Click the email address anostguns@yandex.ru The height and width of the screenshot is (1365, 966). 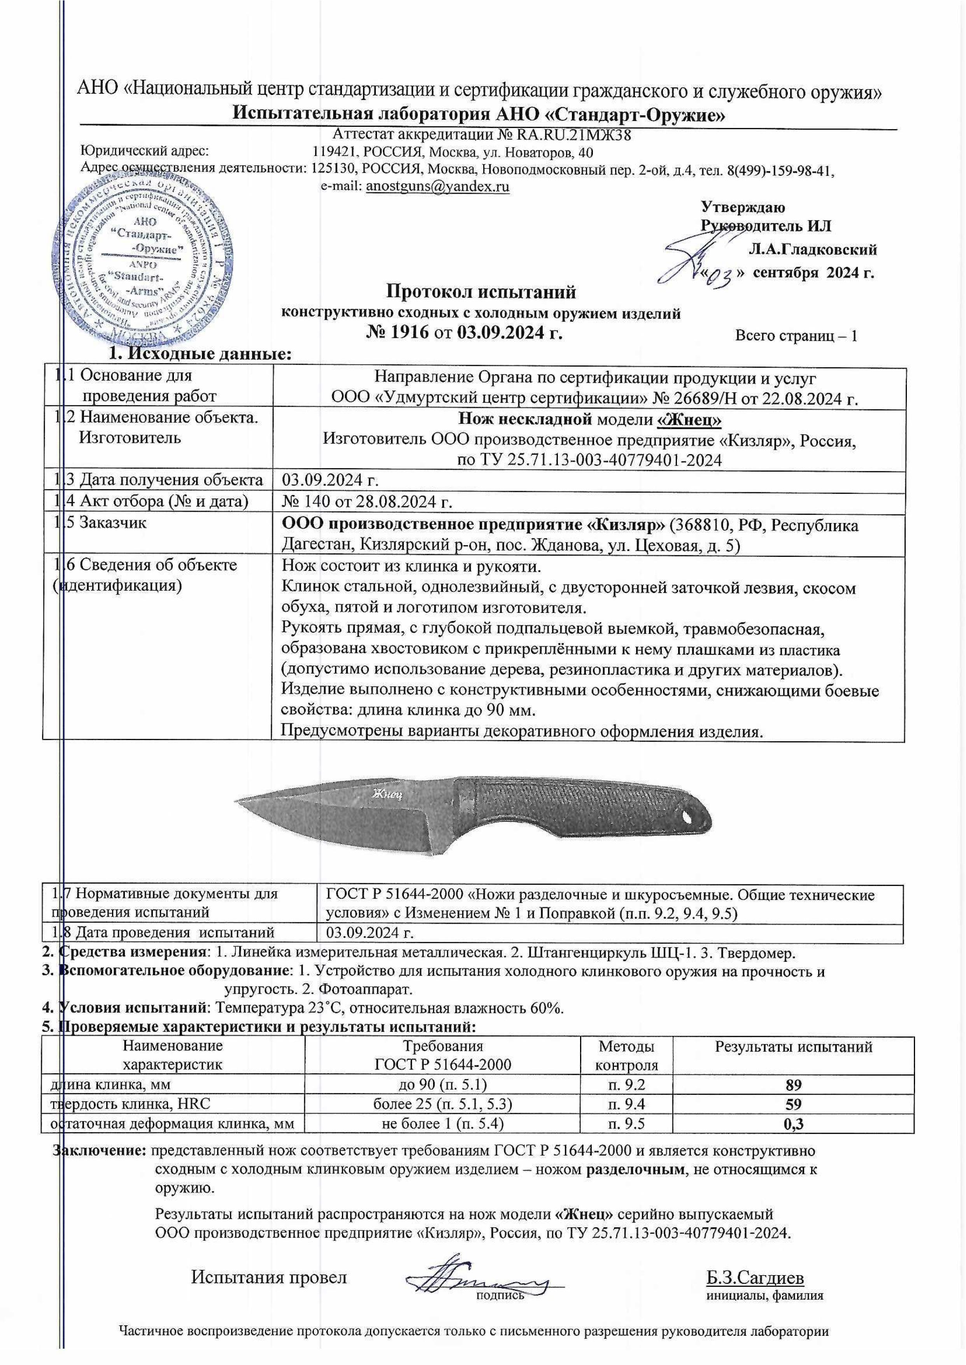(x=437, y=186)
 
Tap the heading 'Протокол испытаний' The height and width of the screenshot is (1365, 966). (x=481, y=292)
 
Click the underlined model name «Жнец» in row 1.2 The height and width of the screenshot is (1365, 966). (x=689, y=420)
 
